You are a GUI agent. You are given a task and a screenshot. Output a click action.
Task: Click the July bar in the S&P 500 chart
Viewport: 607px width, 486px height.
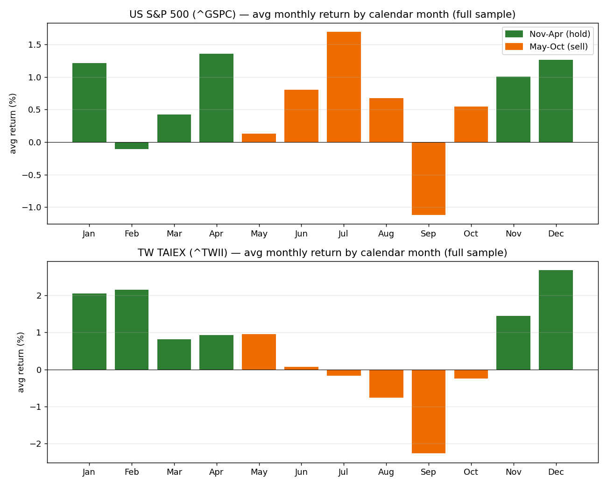344,87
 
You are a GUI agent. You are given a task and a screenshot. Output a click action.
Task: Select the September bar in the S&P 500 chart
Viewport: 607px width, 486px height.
429,179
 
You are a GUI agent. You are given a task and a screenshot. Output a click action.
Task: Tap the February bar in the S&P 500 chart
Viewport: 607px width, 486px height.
132,145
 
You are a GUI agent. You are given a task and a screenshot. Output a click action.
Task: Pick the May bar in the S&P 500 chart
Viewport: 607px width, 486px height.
259,138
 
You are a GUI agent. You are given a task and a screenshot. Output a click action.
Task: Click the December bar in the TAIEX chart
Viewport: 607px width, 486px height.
556,320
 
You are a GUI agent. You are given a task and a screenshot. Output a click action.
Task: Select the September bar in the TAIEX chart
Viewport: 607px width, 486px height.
429,411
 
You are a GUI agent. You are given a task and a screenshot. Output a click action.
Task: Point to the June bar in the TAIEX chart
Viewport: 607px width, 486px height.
301,368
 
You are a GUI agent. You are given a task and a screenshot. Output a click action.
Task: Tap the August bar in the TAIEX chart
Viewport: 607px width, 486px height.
386,384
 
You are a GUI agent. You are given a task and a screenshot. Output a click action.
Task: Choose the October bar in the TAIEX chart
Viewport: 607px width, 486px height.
471,374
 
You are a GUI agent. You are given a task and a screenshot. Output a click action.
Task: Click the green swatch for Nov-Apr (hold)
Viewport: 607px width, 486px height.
514,34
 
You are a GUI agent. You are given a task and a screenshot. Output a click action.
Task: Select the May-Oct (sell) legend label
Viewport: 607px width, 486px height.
558,47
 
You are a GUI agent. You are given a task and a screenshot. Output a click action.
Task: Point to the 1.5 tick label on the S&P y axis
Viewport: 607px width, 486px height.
35,44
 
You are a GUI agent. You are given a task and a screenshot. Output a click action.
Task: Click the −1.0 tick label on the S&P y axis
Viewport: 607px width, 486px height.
32,207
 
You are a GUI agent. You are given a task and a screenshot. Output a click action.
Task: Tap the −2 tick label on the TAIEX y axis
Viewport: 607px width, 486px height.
35,443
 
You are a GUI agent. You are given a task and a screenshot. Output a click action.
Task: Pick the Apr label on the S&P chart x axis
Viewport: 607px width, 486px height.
216,234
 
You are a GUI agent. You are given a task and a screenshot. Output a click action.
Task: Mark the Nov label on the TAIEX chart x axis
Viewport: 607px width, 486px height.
513,472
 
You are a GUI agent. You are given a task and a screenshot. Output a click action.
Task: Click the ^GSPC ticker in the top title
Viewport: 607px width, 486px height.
214,14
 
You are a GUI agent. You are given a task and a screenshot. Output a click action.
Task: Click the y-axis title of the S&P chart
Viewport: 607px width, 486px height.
13,123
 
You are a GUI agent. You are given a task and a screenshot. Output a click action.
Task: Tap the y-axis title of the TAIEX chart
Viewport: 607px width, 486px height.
21,362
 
